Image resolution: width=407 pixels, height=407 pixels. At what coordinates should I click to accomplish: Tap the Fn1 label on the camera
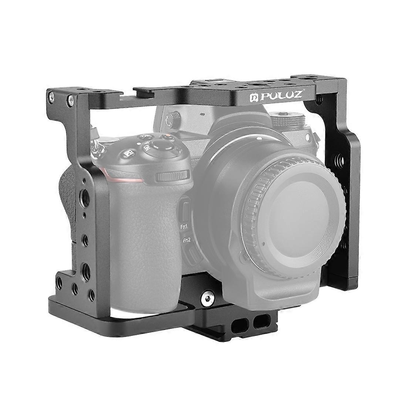pos(184,227)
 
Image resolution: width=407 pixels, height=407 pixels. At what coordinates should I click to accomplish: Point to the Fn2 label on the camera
pos(186,240)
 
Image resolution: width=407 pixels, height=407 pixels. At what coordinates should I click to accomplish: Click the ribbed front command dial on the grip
pos(172,176)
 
